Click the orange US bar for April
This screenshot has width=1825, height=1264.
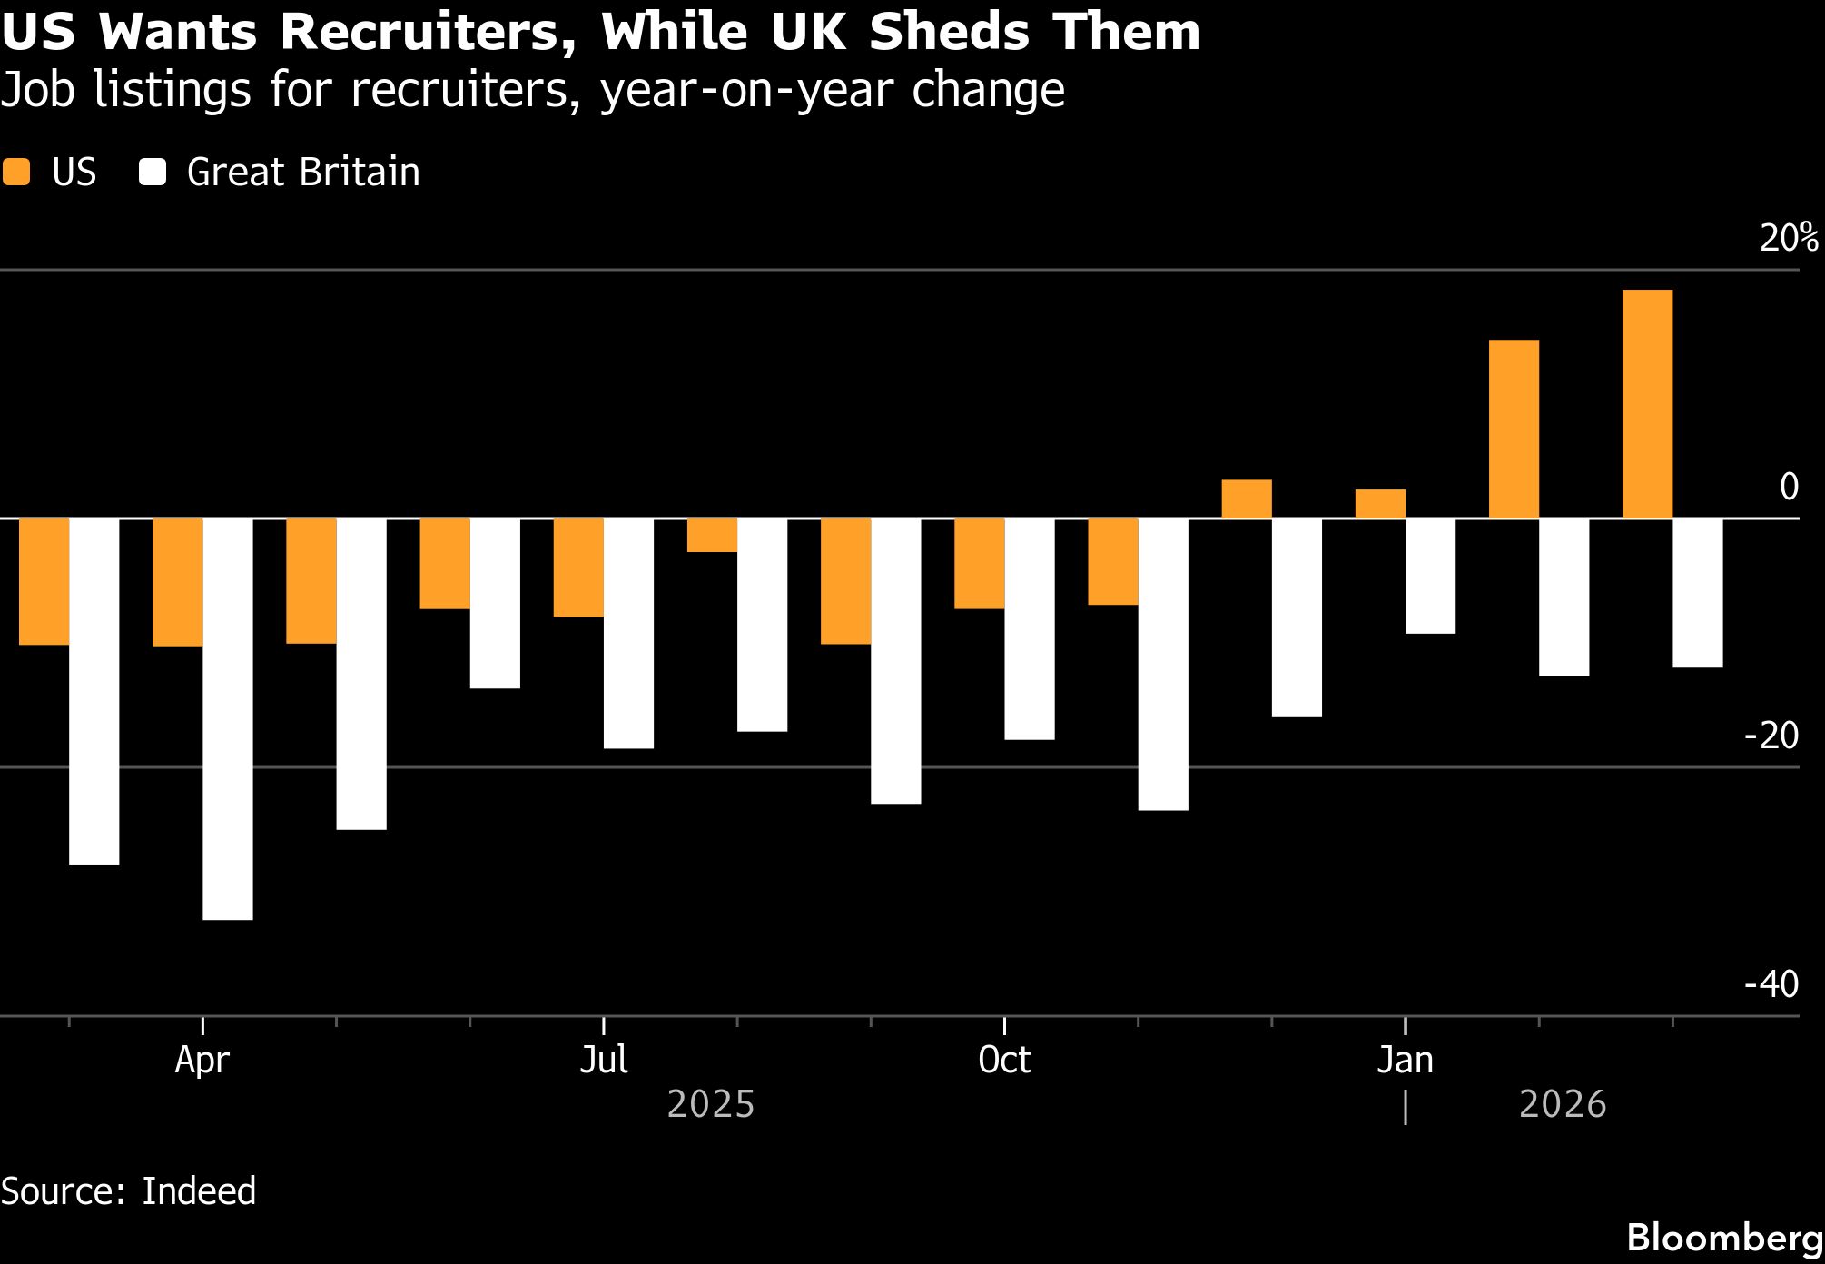pyautogui.click(x=177, y=582)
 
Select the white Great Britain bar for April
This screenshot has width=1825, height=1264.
pyautogui.click(x=228, y=719)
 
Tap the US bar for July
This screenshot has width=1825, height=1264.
pyautogui.click(x=578, y=568)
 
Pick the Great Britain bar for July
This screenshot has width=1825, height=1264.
pyautogui.click(x=628, y=634)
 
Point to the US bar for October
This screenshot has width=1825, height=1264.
pyautogui.click(x=979, y=564)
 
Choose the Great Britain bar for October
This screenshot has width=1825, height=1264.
pyautogui.click(x=1030, y=629)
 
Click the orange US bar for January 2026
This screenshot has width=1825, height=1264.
pyautogui.click(x=1380, y=504)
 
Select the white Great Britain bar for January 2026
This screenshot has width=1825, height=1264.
pyautogui.click(x=1431, y=576)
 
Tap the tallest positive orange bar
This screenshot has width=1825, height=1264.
pyautogui.click(x=1647, y=404)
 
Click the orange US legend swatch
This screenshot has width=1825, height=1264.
pyautogui.click(x=16, y=172)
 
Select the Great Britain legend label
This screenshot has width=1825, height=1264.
pyautogui.click(x=303, y=172)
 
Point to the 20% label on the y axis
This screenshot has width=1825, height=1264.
pyautogui.click(x=1789, y=238)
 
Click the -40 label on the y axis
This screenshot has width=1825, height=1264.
pyautogui.click(x=1771, y=984)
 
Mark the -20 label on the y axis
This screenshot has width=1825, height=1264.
pyautogui.click(x=1771, y=736)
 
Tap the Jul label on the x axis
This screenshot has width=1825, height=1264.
pyautogui.click(x=604, y=1061)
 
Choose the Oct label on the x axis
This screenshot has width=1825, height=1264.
pyautogui.click(x=1004, y=1061)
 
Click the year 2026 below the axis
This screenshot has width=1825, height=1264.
pyautogui.click(x=1563, y=1105)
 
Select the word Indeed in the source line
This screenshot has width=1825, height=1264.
pyautogui.click(x=199, y=1191)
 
